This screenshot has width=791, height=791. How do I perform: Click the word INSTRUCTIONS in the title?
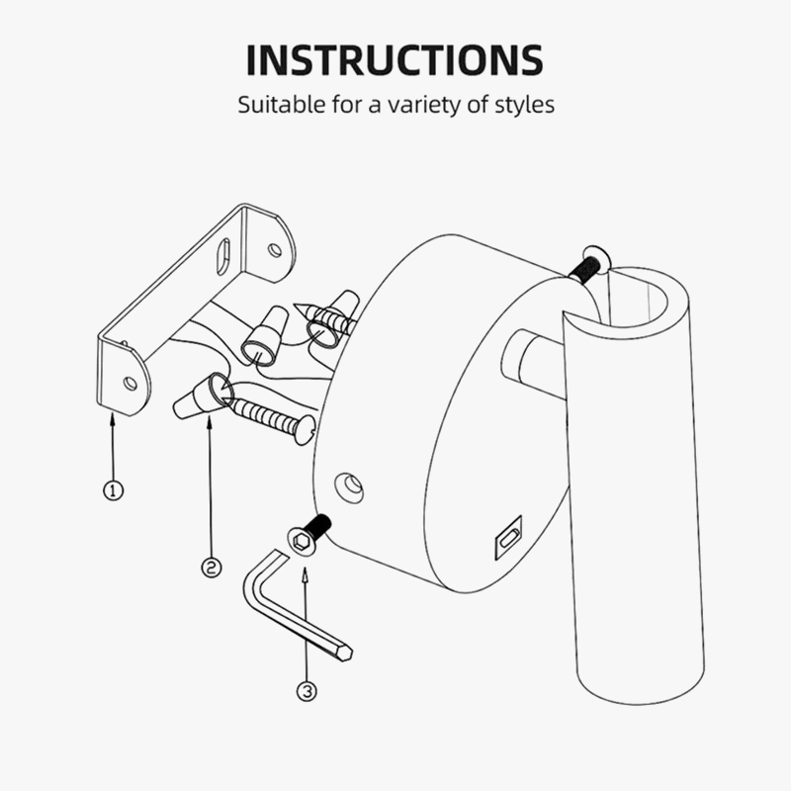coord(395,60)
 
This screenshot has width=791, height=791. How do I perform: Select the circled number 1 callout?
coord(113,490)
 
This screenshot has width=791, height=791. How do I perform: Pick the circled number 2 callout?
coord(212,568)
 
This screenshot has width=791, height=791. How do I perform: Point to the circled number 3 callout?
coord(307,691)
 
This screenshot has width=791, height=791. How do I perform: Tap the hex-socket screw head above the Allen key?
coord(302,541)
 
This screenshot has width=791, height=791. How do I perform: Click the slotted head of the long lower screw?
coord(306,429)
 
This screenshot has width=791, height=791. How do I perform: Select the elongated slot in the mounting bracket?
coord(223,256)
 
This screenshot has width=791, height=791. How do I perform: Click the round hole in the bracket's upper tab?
coord(275,250)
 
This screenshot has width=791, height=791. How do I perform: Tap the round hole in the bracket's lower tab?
coord(131,384)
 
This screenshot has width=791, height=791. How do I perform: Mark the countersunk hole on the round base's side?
coord(350,487)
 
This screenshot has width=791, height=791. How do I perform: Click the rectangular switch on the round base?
coord(508,538)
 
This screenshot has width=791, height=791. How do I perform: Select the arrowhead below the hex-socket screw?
coord(305,574)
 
